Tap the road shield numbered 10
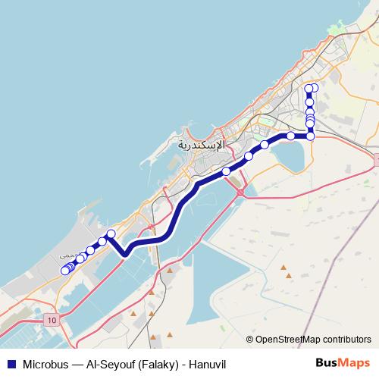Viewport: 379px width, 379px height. pos(50,321)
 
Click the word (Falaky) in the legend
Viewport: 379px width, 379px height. pos(155,364)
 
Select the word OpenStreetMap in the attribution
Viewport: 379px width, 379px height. pos(286,340)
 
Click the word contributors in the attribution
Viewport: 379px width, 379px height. pos(346,340)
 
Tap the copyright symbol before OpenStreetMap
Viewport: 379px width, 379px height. pos(250,340)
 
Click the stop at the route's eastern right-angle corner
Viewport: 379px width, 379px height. pos(311,136)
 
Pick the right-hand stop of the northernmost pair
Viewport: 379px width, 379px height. pos(314,89)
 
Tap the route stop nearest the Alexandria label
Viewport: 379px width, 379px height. pos(226,171)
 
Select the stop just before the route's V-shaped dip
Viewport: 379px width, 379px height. pos(111,233)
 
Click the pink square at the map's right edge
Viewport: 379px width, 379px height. pos(376,158)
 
